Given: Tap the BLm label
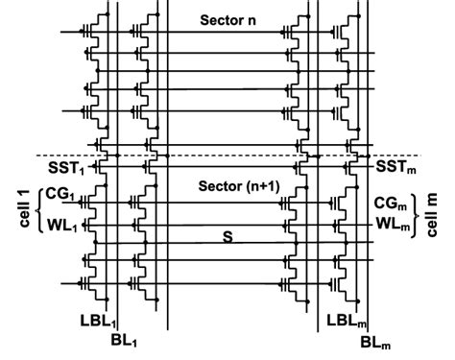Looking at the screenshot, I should pos(375,341).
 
